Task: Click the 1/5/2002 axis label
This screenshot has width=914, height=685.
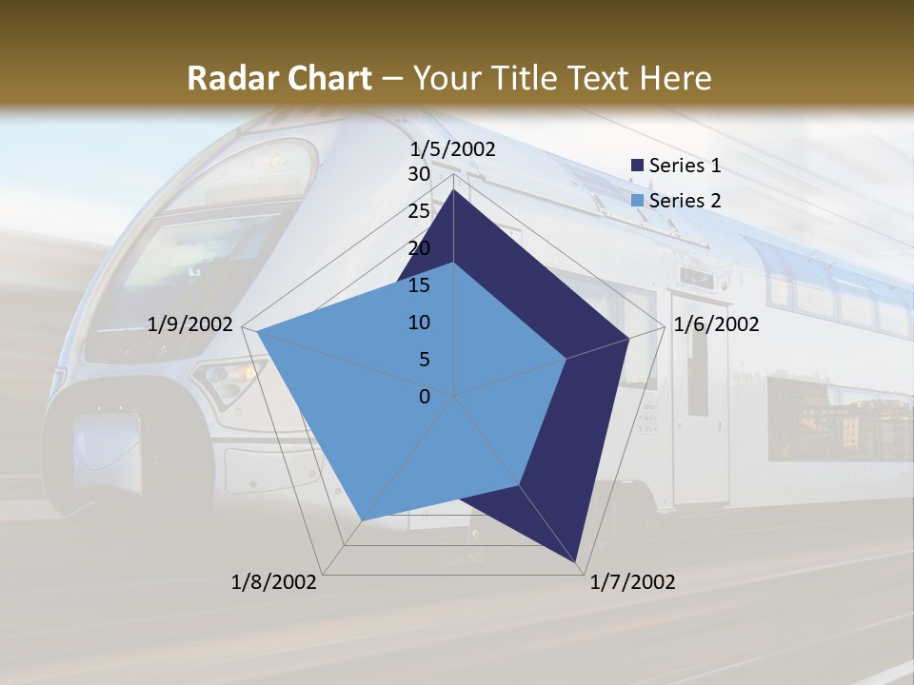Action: tap(453, 149)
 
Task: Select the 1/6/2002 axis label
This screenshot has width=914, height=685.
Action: tap(716, 324)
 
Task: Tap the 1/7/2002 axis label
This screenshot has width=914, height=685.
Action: tap(632, 582)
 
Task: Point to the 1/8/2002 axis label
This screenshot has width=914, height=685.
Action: tap(274, 582)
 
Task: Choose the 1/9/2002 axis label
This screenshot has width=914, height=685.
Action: tap(190, 324)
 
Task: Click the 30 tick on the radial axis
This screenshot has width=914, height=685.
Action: tap(418, 174)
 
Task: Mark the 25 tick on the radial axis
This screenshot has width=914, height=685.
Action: tap(418, 211)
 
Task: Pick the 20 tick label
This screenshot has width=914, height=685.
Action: tap(418, 248)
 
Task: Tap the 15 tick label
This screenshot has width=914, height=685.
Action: tap(418, 285)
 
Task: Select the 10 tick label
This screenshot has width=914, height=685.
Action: tap(418, 323)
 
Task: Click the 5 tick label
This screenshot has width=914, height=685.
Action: tap(424, 360)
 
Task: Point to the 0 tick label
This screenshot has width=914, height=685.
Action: tap(425, 397)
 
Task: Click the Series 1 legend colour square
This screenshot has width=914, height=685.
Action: tap(637, 166)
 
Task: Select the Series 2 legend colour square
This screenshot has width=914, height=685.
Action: tap(637, 201)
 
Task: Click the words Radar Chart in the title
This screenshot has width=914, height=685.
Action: tap(279, 79)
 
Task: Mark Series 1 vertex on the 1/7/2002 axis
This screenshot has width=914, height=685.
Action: tap(577, 563)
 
